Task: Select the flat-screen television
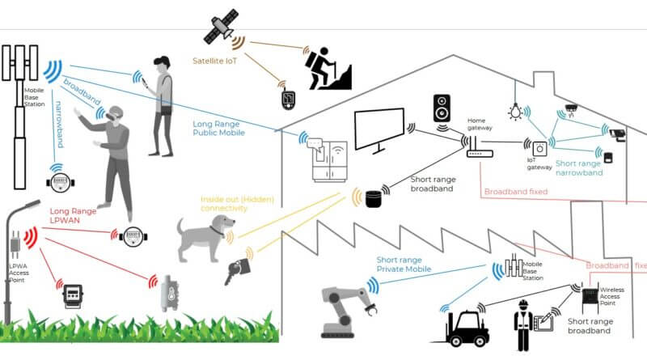(x=378, y=130)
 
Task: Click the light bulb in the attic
(x=513, y=111)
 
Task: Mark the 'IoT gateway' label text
(x=539, y=164)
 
